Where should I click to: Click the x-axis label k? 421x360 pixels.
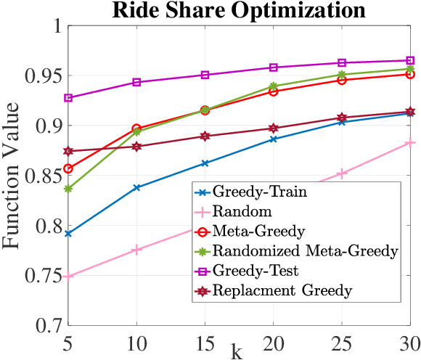pyautogui.click(x=237, y=351)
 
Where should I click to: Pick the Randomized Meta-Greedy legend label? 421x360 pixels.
pyautogui.click(x=305, y=252)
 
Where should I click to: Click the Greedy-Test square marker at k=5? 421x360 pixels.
pyautogui.click(x=68, y=97)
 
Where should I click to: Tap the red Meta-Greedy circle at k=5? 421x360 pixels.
pyautogui.click(x=68, y=168)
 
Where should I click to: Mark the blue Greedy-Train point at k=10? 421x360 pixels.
pyautogui.click(x=136, y=187)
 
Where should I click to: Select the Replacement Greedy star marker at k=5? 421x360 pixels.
pyautogui.click(x=68, y=151)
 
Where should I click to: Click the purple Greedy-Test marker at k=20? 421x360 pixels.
pyautogui.click(x=273, y=67)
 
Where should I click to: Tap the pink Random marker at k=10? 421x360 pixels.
pyautogui.click(x=136, y=250)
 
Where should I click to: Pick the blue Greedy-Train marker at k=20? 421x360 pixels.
pyautogui.click(x=273, y=139)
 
